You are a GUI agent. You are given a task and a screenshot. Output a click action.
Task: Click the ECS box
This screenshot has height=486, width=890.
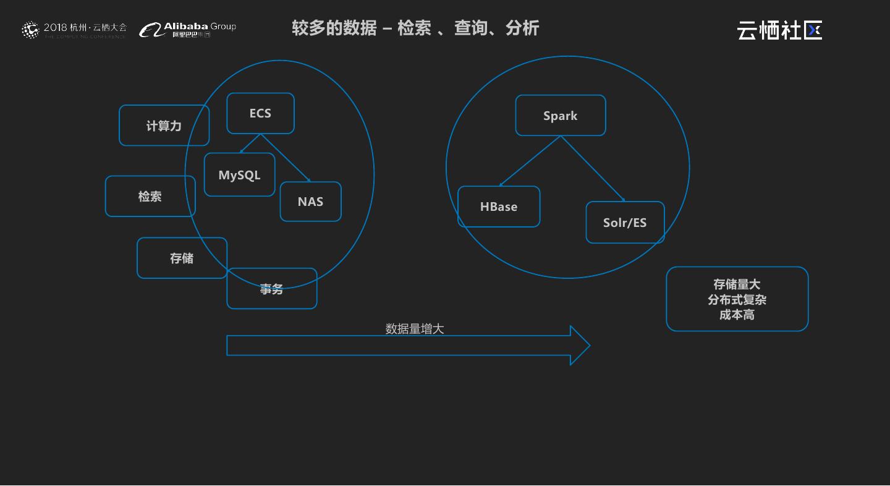(x=260, y=113)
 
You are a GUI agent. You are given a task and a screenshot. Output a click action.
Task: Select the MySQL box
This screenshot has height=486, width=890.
(x=239, y=175)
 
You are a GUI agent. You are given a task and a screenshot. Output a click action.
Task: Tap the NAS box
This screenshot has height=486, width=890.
(x=310, y=202)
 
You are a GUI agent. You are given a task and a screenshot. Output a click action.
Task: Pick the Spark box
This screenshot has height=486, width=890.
(x=560, y=116)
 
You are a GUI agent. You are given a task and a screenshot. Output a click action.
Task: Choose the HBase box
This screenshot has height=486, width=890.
(x=498, y=207)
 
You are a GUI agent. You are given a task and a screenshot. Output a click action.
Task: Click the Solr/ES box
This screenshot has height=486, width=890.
(x=625, y=223)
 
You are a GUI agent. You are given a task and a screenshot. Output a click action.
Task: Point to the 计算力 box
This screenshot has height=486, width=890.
(x=164, y=126)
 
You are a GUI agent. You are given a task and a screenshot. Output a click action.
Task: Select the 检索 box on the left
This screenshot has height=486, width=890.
(x=150, y=196)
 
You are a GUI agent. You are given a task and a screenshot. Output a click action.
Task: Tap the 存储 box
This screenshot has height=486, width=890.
(x=182, y=258)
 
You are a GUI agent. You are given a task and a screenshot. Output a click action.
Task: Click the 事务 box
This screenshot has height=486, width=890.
(x=271, y=289)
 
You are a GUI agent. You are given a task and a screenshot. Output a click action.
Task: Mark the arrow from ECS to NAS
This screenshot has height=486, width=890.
(x=286, y=158)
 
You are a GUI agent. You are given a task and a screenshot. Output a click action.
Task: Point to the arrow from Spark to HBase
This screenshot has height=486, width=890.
(x=530, y=161)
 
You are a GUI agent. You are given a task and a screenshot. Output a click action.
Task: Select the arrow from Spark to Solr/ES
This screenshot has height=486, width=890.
(x=592, y=168)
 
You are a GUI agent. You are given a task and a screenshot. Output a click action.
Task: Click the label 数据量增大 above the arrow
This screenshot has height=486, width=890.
(x=415, y=329)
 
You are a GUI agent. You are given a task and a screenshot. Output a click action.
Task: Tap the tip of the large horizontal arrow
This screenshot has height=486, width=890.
(x=588, y=346)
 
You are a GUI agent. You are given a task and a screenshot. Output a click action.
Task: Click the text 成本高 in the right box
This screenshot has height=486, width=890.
(x=737, y=315)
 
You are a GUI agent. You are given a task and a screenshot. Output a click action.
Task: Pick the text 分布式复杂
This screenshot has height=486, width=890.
(x=737, y=300)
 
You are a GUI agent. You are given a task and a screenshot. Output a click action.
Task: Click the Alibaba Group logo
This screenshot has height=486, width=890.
(x=188, y=29)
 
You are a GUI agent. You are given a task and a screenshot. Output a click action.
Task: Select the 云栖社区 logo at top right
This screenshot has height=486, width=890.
(x=779, y=30)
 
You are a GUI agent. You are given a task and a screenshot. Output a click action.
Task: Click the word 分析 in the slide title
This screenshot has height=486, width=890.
(x=522, y=28)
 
